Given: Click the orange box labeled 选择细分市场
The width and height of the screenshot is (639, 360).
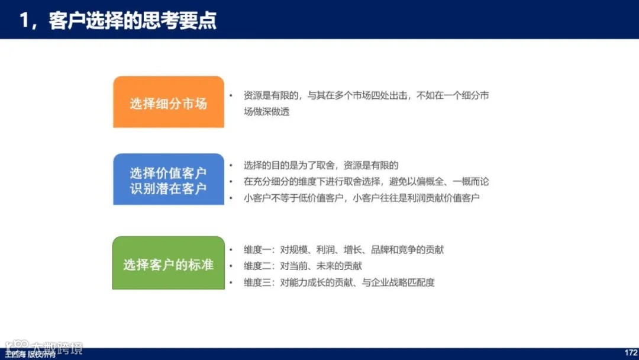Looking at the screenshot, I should click(169, 102).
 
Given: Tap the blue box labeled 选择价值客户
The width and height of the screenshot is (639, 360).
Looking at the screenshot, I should click(169, 173).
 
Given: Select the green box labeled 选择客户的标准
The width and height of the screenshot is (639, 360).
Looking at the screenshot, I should click(169, 264).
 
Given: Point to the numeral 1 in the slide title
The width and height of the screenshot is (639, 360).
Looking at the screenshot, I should click(24, 20).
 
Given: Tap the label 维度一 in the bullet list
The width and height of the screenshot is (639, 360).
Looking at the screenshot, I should click(257, 250).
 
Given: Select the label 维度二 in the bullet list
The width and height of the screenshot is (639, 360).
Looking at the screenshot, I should click(257, 266).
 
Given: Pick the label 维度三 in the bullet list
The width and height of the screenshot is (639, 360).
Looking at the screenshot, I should click(257, 282).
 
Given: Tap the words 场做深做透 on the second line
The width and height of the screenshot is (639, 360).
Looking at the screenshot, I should click(267, 111).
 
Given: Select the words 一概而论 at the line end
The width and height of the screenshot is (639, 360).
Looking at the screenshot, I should click(470, 182).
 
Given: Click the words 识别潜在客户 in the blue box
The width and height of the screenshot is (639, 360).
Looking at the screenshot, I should click(169, 189).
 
